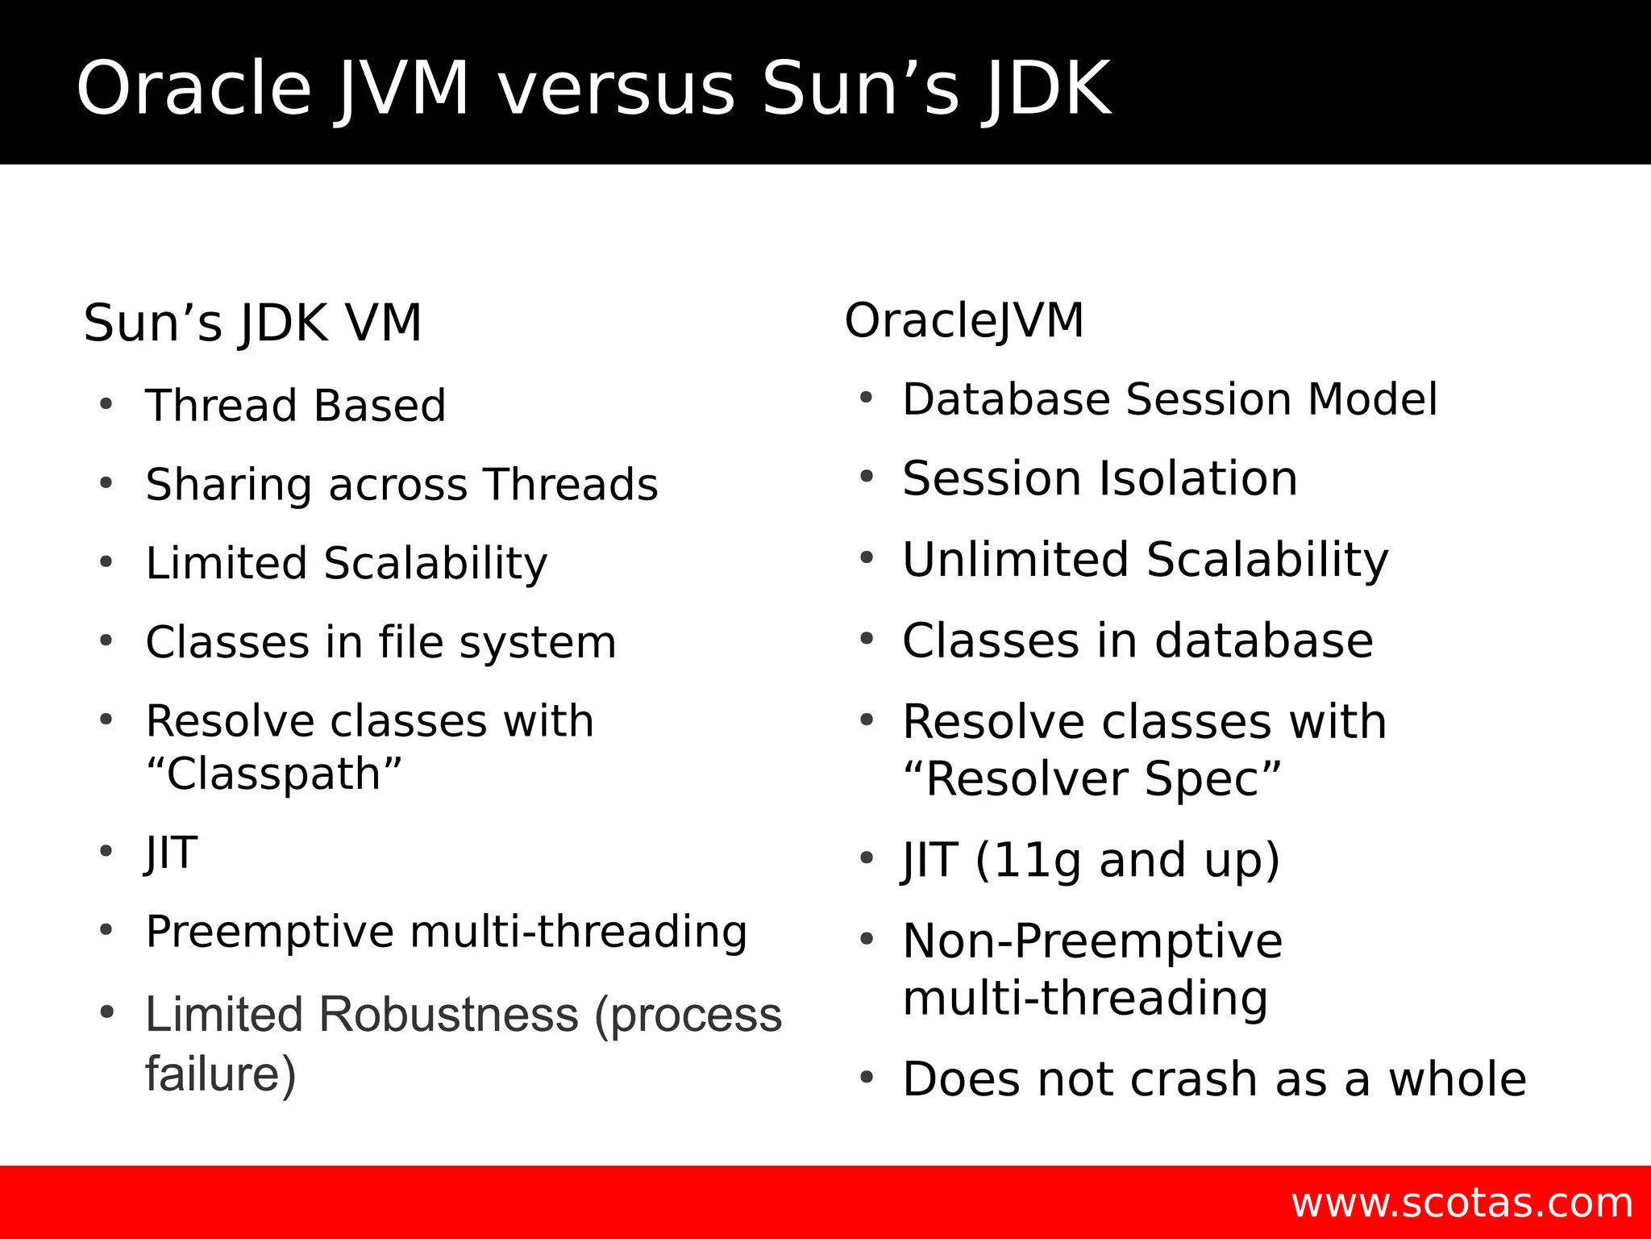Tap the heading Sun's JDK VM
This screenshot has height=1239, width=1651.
pyautogui.click(x=252, y=323)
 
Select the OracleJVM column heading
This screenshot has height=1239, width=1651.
pyautogui.click(x=964, y=320)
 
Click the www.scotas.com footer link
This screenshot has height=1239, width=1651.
pyautogui.click(x=1462, y=1203)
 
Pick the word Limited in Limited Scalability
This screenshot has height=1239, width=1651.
pyautogui.click(x=225, y=563)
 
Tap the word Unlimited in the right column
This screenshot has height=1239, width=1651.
pyautogui.click(x=1015, y=559)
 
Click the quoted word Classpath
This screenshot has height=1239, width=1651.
pyautogui.click(x=273, y=774)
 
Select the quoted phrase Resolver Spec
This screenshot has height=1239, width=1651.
pyautogui.click(x=1092, y=779)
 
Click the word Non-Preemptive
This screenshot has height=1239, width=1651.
pyautogui.click(x=1092, y=941)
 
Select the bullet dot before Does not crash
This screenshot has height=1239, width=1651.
pyautogui.click(x=867, y=1078)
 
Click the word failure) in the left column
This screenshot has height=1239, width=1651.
pyautogui.click(x=221, y=1074)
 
